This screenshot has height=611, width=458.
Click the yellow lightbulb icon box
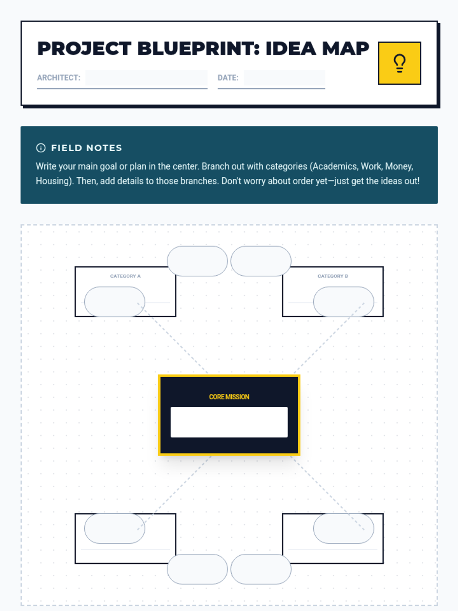pyautogui.click(x=399, y=63)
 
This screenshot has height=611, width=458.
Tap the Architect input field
pyautogui.click(x=146, y=78)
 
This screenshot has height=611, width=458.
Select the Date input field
pyautogui.click(x=284, y=78)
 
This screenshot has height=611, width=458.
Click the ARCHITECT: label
pyautogui.click(x=59, y=78)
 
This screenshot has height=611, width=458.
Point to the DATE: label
pyautogui.click(x=228, y=78)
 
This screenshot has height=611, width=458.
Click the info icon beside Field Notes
pyautogui.click(x=41, y=148)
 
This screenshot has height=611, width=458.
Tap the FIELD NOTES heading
pyautogui.click(x=87, y=148)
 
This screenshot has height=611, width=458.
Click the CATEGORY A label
pyautogui.click(x=126, y=276)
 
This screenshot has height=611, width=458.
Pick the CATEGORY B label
pyautogui.click(x=333, y=276)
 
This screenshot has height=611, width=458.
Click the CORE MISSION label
pyautogui.click(x=229, y=397)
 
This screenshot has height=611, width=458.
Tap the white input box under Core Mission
pyautogui.click(x=229, y=422)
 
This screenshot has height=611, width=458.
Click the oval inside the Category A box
pyautogui.click(x=114, y=302)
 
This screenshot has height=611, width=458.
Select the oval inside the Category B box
pyautogui.click(x=344, y=302)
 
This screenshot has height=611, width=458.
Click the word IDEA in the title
pyautogui.click(x=291, y=48)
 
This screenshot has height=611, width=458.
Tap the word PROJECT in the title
pyautogui.click(x=84, y=48)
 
